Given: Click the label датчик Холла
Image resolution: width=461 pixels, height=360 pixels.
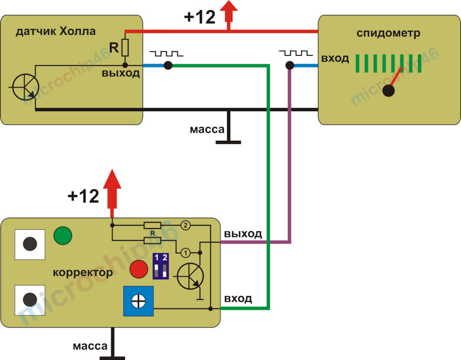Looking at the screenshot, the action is click(x=56, y=32).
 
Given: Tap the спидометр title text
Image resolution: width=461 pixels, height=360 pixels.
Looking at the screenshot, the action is click(x=388, y=33).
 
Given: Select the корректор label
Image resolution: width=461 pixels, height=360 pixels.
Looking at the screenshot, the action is click(x=83, y=273).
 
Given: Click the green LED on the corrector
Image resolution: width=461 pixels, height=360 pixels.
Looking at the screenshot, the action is click(x=63, y=236).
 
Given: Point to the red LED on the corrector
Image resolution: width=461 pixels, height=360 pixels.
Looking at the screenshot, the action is click(x=139, y=269).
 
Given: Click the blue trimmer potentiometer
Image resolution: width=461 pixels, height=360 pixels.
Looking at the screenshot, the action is click(x=138, y=301).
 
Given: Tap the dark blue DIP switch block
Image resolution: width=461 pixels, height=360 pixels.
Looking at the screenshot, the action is click(x=160, y=266).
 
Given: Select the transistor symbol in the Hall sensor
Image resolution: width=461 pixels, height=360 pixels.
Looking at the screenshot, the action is click(x=25, y=87).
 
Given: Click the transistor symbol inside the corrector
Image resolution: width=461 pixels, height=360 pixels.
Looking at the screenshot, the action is click(x=190, y=276).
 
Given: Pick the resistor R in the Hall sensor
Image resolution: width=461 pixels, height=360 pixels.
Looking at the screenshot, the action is click(x=125, y=48).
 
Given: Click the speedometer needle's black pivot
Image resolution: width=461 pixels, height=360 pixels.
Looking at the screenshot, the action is click(x=388, y=90).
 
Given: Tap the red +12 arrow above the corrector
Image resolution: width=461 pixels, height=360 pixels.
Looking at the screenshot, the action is click(x=112, y=193).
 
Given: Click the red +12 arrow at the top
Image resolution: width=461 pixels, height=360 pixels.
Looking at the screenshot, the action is click(x=229, y=15).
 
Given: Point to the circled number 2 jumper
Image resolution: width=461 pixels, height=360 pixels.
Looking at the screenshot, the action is click(x=185, y=225).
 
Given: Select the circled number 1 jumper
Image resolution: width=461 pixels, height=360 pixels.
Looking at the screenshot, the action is click(x=185, y=252).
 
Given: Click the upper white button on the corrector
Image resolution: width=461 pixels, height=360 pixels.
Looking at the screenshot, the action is click(x=30, y=244).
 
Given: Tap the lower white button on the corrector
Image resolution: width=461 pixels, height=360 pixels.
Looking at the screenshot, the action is click(x=30, y=300).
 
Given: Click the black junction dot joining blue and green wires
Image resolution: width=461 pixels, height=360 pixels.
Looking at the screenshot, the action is click(x=168, y=65).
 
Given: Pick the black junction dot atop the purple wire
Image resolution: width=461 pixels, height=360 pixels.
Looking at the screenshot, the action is click(x=290, y=65).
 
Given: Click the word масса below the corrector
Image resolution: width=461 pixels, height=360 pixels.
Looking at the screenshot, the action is click(x=90, y=346).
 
